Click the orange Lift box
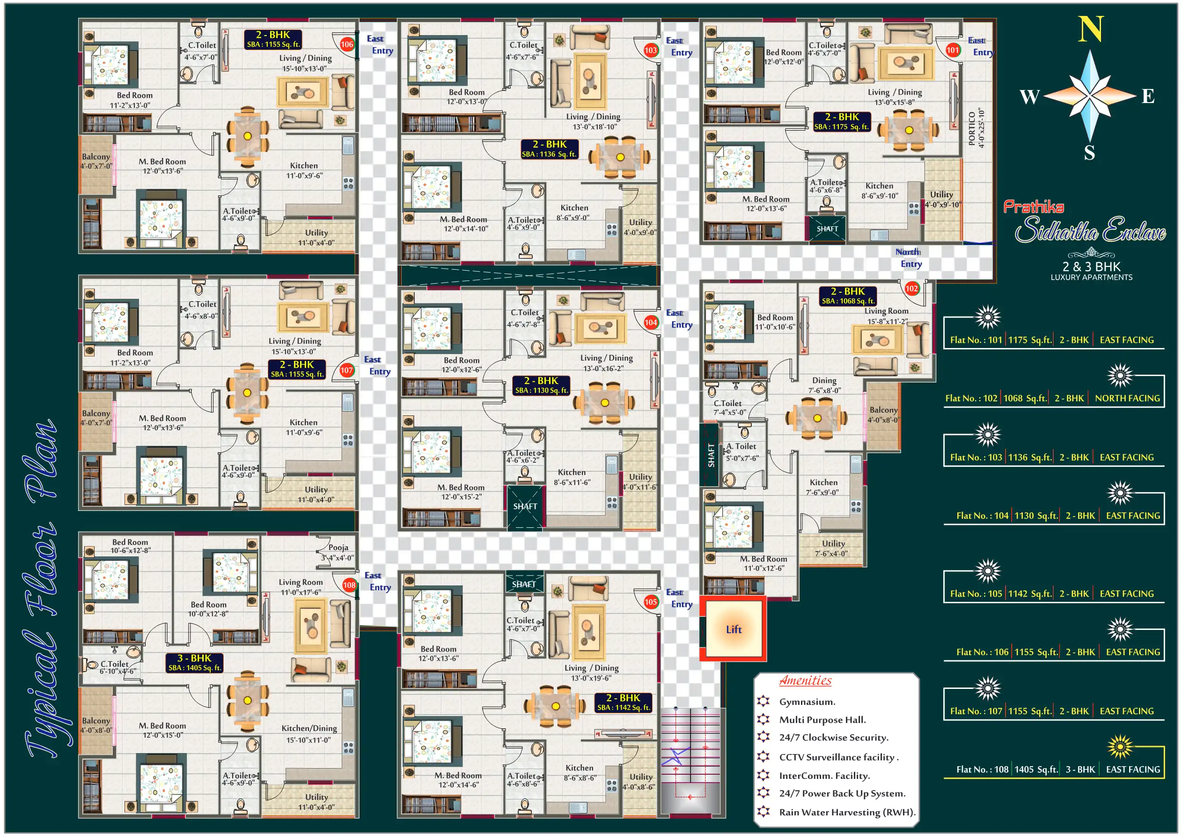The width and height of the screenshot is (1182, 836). [x=733, y=629]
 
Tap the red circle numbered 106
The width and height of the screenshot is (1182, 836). [x=347, y=44]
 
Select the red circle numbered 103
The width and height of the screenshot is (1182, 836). [x=651, y=50]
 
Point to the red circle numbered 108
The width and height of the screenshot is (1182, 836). [x=349, y=584]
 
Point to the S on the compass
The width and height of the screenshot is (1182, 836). [x=1089, y=153]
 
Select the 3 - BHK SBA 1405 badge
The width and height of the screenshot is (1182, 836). [x=195, y=662]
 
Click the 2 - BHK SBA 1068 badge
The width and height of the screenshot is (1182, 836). [x=847, y=296]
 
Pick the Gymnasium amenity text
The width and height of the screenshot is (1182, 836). [x=807, y=702]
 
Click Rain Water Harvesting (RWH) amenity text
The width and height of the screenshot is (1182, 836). [x=847, y=812]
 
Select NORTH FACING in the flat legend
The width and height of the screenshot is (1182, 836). [x=1127, y=398]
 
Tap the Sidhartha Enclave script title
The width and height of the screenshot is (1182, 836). [x=1090, y=229]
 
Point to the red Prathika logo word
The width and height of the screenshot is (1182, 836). [x=1033, y=207]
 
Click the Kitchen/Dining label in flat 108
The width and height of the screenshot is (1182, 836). [x=309, y=728]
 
